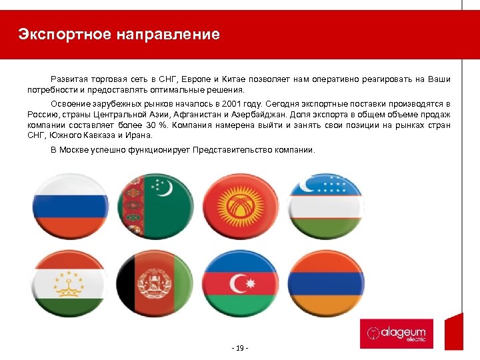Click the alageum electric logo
(396, 333)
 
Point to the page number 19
(239, 349)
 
